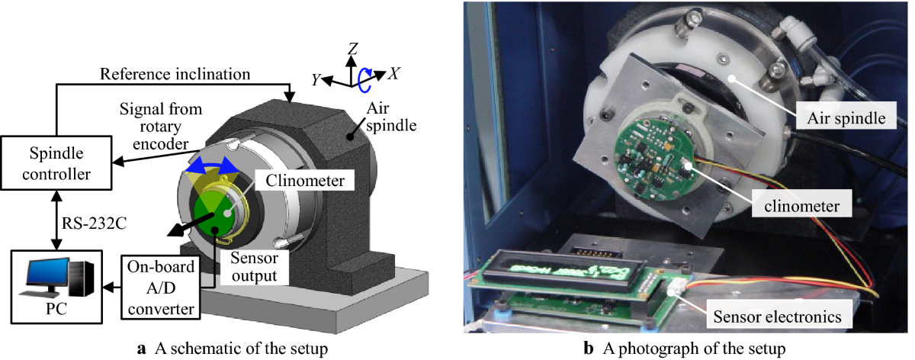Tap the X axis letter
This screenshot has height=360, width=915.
click(394, 74)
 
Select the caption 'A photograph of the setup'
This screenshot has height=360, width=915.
click(689, 349)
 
